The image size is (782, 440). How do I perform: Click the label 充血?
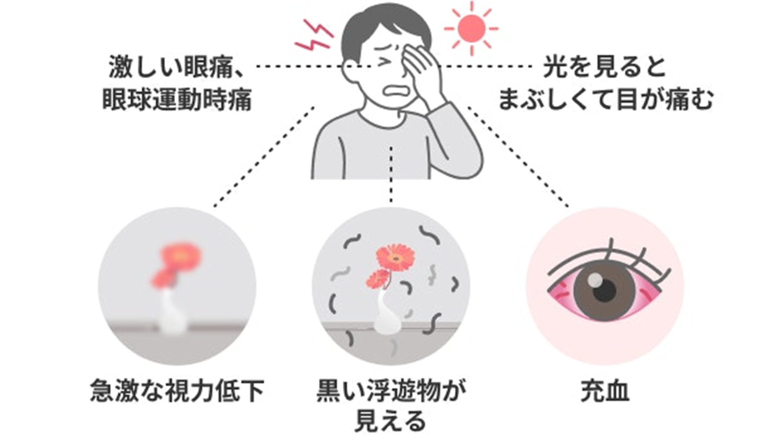(605, 392)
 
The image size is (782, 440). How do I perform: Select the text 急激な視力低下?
(177, 392)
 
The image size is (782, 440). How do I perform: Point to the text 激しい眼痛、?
(176, 66)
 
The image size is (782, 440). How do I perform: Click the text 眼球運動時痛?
(177, 100)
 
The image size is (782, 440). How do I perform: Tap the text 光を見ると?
(604, 66)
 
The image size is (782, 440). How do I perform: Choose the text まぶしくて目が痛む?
(606, 100)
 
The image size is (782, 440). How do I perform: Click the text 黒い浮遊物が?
(391, 392)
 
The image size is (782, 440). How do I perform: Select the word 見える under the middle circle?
(391, 421)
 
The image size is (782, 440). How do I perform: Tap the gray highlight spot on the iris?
(595, 279)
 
